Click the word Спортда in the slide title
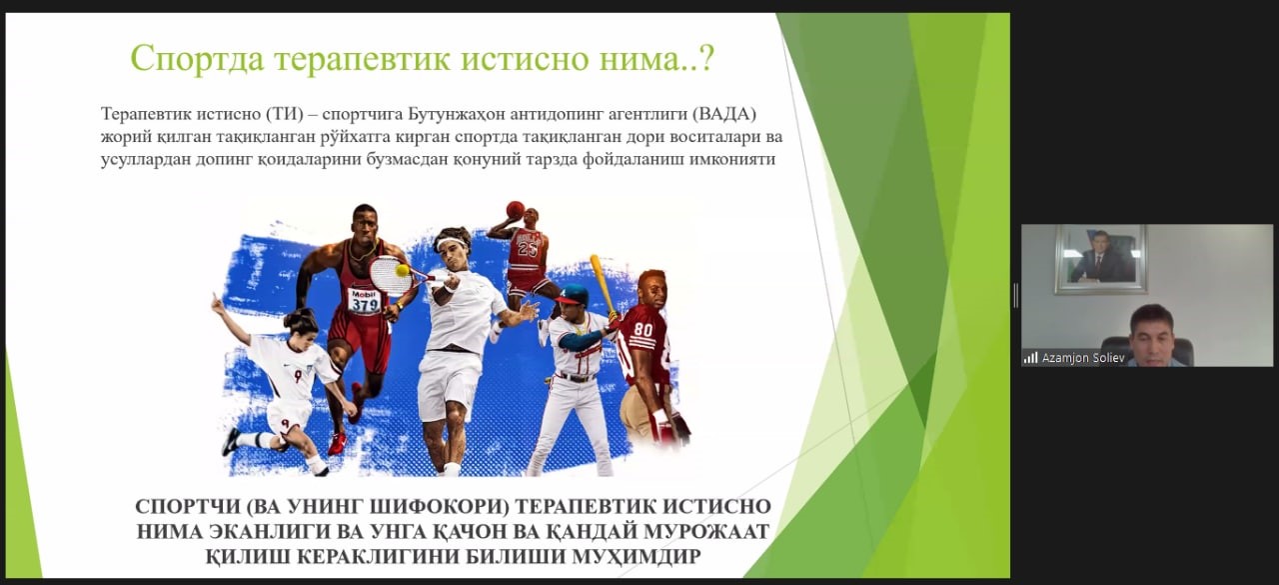[197, 59]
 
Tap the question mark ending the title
[706, 58]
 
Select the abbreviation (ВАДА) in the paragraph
[724, 114]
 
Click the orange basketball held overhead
[515, 210]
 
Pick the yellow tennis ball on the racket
[403, 270]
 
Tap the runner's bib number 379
[365, 304]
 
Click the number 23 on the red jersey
[527, 249]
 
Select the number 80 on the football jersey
[642, 330]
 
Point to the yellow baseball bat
[603, 284]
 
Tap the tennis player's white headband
[451, 242]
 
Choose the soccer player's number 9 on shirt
[298, 375]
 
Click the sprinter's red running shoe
[337, 443]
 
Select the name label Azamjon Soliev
[1083, 358]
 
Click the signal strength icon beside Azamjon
[1030, 358]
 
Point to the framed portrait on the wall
[1101, 259]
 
